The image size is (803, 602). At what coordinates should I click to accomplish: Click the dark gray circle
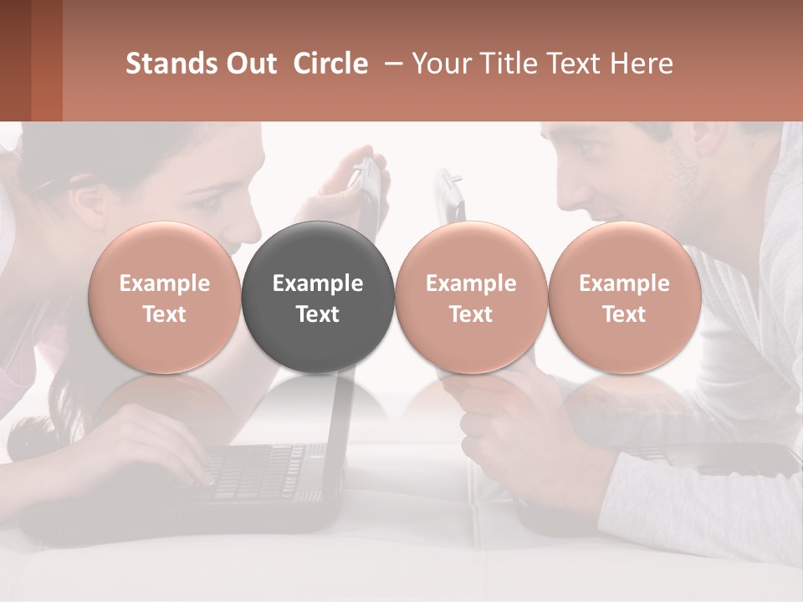pos(318,297)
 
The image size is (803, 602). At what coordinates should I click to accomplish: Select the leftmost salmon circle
pos(165,297)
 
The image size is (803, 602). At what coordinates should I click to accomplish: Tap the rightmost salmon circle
pos(624,297)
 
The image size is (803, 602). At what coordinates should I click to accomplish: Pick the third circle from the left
pos(471,297)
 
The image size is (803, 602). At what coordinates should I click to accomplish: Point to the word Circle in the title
pos(330,64)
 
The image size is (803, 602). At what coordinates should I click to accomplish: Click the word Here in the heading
pos(643,64)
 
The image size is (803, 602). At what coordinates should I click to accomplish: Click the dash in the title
pos(390,64)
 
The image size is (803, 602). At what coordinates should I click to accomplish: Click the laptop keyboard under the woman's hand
pos(259,472)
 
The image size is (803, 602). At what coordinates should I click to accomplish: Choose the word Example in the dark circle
pos(318,283)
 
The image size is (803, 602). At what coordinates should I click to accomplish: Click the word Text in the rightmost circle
pos(624,314)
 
